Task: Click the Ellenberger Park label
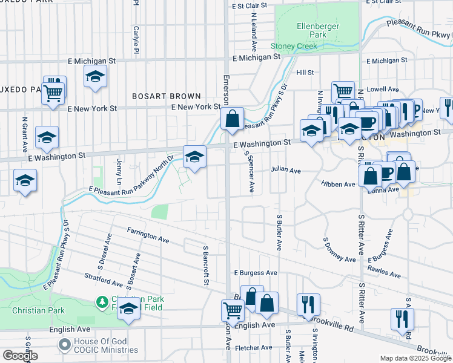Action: (312, 30)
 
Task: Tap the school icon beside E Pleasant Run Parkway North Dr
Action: (194, 157)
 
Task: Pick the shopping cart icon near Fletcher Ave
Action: (233, 311)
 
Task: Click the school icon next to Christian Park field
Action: (128, 309)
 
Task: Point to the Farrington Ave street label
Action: (148, 235)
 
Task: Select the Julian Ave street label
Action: (286, 171)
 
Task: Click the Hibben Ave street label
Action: (338, 183)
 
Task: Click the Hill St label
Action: (305, 72)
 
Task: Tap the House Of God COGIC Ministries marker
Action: (65, 345)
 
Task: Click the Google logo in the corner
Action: (20, 356)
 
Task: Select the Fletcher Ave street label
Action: (253, 347)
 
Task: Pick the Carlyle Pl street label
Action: (137, 38)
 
